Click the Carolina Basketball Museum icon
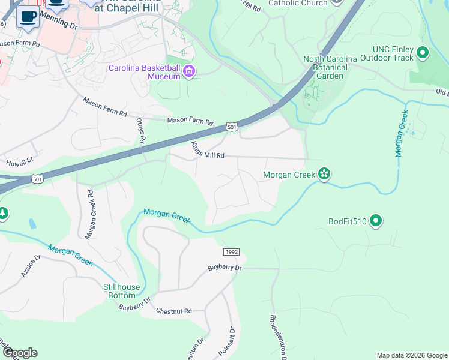coord(189,72)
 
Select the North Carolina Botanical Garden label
coord(330,67)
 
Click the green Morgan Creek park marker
coord(325,174)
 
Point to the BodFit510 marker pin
coord(376,221)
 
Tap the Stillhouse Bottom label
coord(121,291)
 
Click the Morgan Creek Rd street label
coord(90,215)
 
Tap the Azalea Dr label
coord(30,265)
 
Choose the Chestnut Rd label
coord(173,311)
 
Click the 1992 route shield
coord(232,252)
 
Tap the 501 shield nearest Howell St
coord(38,179)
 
